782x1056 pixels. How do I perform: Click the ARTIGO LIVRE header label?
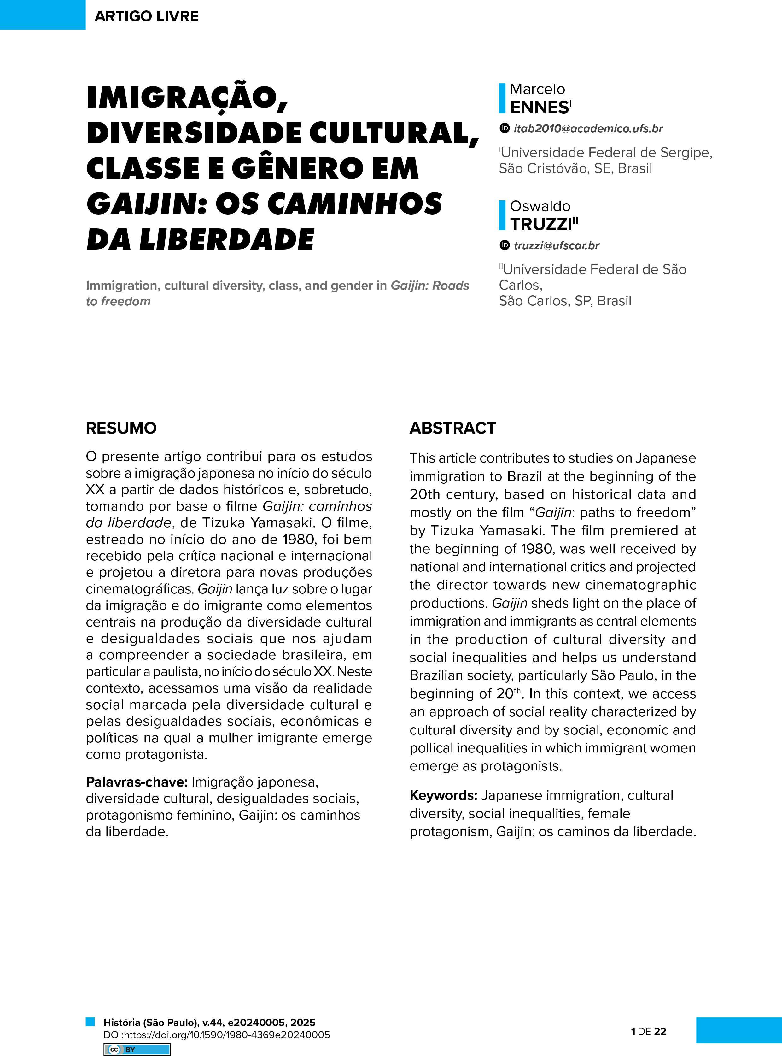pos(146,16)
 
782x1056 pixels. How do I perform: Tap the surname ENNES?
pos(539,108)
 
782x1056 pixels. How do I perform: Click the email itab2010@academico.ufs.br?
pos(588,128)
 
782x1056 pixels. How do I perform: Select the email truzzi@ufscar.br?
pos(556,245)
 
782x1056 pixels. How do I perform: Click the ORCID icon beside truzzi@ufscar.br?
pos(505,245)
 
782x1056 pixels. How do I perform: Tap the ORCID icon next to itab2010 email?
pos(505,128)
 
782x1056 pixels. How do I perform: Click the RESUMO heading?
pos(121,428)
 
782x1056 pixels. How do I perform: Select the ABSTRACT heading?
pos(452,428)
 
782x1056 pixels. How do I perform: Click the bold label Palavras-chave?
pos(136,782)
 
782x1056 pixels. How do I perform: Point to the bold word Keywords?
pos(443,795)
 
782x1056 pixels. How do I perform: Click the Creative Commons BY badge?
pos(137,1049)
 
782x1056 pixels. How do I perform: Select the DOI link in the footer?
pos(216,1035)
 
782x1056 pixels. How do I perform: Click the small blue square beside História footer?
pos(90,1021)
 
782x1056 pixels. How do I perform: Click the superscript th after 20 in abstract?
pos(517,690)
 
